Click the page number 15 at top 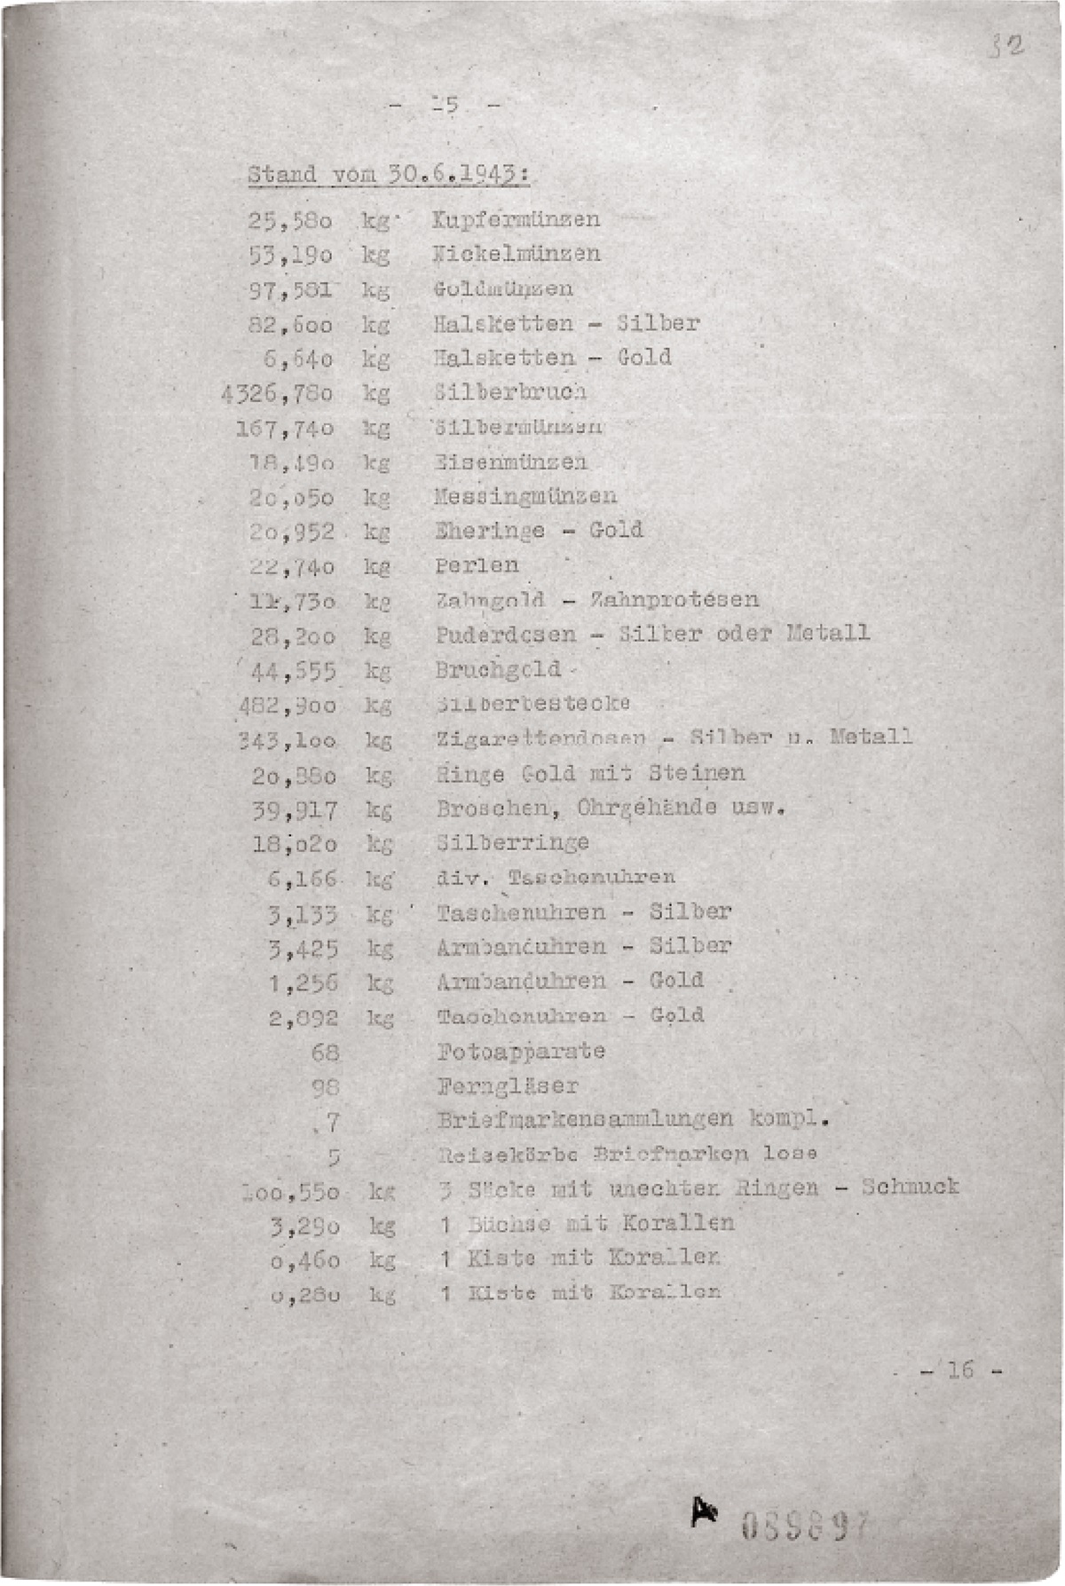click(446, 106)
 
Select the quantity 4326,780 click(277, 392)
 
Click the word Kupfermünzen click(516, 219)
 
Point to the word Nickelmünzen click(516, 254)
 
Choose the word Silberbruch click(510, 392)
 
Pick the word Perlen click(477, 565)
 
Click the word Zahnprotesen click(674, 599)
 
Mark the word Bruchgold click(498, 669)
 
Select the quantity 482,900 click(287, 706)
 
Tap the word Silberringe click(512, 842)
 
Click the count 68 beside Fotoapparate click(326, 1053)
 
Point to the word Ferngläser click(507, 1085)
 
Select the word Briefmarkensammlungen click(586, 1119)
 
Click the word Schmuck click(910, 1187)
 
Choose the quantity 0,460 click(304, 1259)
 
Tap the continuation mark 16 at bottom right click(960, 1369)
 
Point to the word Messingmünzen click(525, 495)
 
